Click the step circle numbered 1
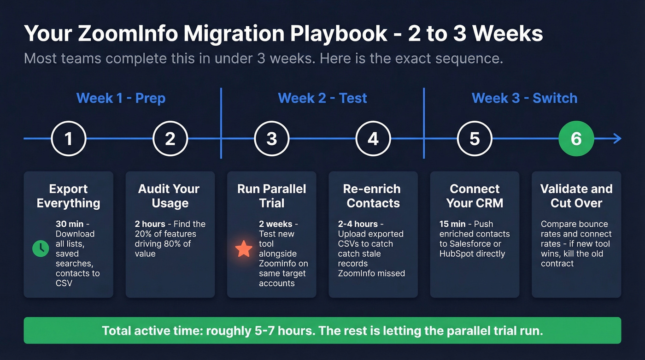69,138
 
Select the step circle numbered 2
170,138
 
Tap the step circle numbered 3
272,138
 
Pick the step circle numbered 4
373,138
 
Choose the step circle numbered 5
475,138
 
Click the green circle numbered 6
576,138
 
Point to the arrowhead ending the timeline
618,138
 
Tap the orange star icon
244,249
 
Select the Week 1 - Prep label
121,98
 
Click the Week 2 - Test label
322,98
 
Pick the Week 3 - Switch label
524,98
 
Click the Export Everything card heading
69,196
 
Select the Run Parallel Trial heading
272,196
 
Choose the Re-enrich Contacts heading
373,196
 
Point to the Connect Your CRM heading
475,196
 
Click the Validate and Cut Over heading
576,196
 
